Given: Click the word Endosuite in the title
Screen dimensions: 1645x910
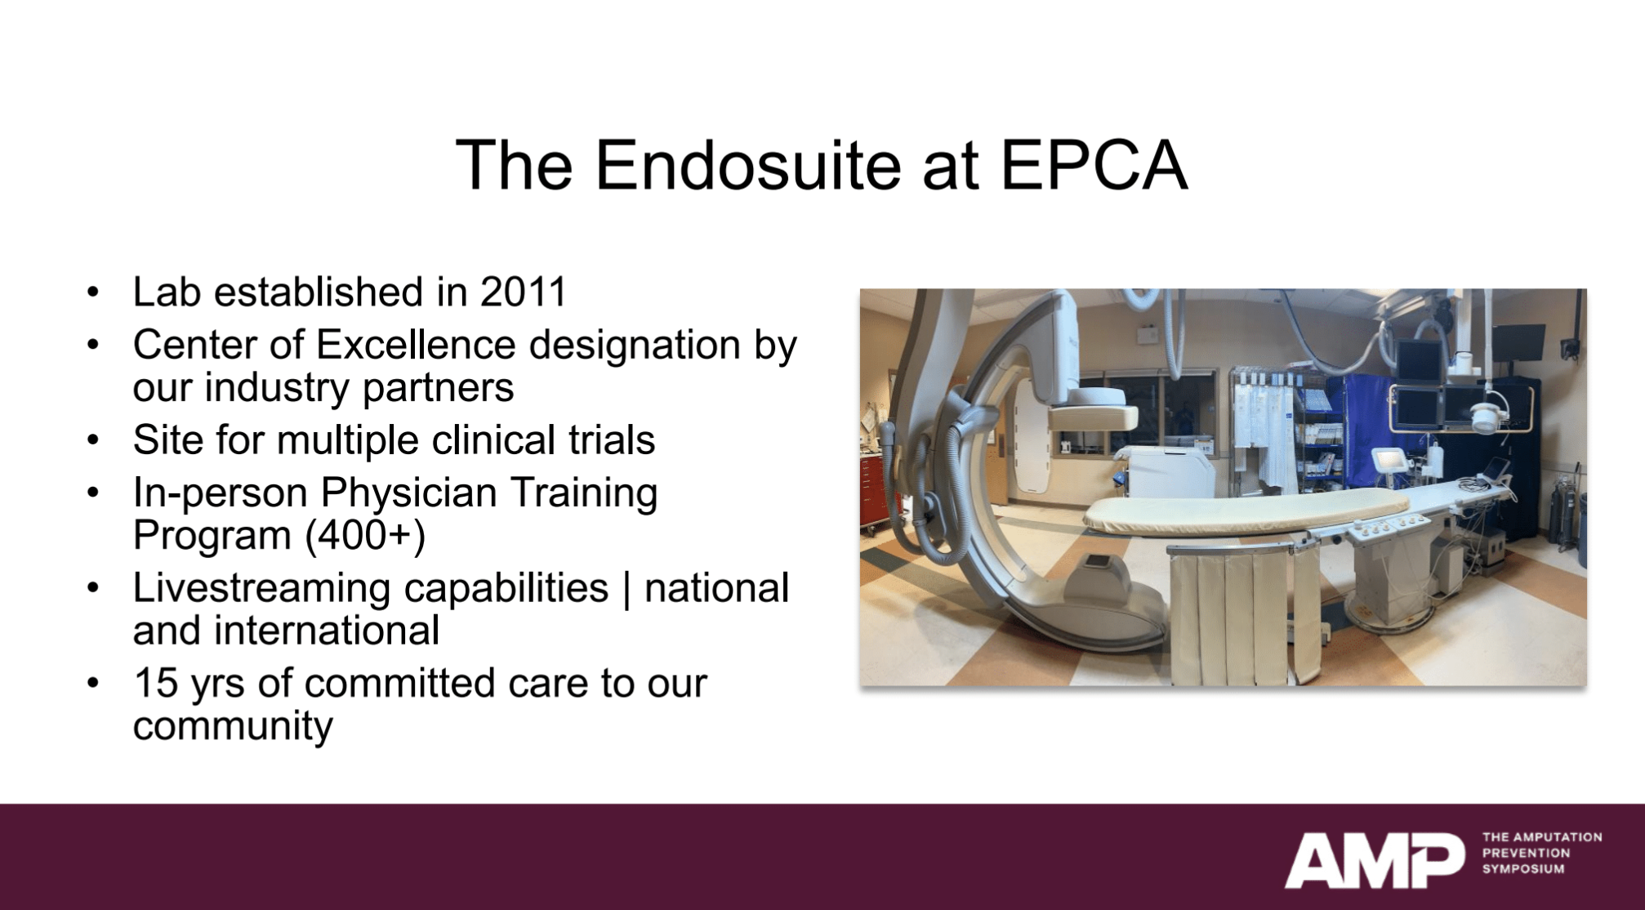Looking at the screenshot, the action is [x=747, y=166].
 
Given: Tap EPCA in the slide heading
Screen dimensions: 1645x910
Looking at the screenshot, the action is [x=1094, y=166].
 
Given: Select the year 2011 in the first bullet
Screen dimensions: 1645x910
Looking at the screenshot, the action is [x=523, y=292].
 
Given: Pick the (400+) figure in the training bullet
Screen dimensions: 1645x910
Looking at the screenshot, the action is [x=365, y=536].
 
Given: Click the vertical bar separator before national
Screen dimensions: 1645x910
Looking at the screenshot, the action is [x=626, y=590].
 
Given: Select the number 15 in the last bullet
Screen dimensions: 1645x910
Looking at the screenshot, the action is [x=156, y=683].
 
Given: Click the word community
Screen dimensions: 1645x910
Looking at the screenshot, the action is [x=233, y=726].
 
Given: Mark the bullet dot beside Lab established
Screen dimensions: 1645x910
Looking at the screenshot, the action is [x=94, y=292].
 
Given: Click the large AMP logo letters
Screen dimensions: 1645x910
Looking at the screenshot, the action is [x=1374, y=860].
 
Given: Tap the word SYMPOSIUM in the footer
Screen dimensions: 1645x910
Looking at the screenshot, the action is [x=1523, y=869].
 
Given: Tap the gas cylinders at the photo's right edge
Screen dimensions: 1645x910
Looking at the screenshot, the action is [x=1566, y=511].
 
